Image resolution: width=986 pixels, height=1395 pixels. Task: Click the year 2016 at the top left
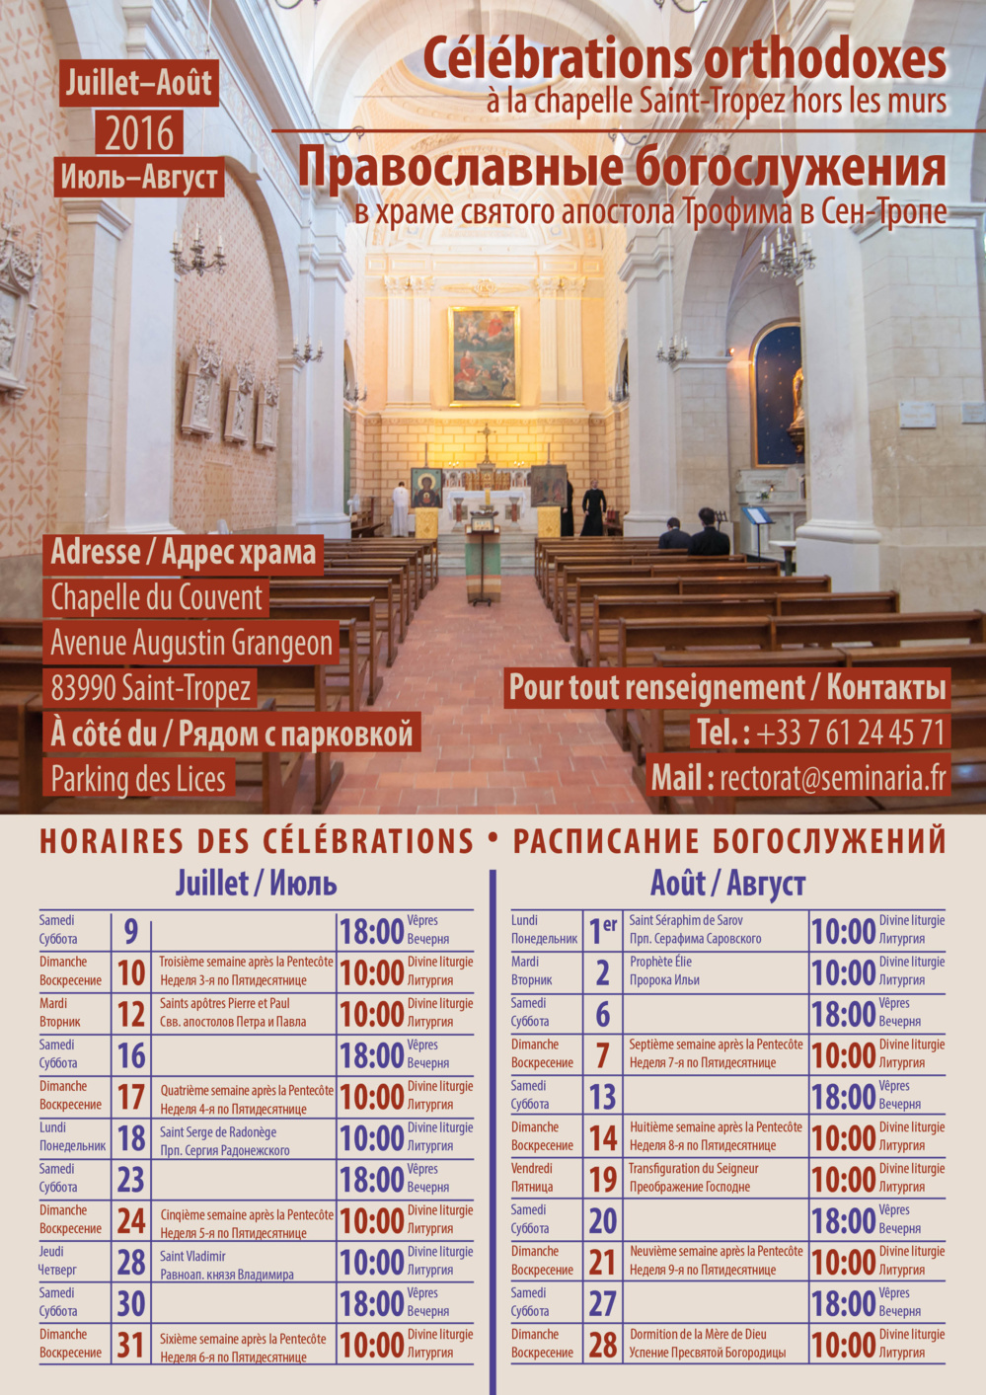point(138,133)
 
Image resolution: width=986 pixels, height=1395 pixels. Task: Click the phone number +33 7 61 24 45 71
point(851,733)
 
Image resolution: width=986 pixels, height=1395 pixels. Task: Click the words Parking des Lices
point(138,779)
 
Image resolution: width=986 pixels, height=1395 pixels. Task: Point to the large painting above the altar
point(484,355)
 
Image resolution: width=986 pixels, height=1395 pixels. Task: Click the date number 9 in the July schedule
point(130,931)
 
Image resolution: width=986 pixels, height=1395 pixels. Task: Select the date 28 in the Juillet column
point(131,1263)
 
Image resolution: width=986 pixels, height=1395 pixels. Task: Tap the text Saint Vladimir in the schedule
point(192,1257)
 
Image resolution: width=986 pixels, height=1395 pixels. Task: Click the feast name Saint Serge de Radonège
point(218,1132)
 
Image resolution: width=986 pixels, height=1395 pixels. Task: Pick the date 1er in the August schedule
point(601,931)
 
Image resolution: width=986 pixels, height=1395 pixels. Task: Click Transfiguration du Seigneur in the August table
point(694,1168)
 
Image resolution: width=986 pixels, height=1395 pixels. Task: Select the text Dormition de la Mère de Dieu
point(698,1334)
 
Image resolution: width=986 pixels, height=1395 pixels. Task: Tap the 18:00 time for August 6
point(843,1014)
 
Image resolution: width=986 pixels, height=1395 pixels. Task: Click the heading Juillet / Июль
point(256,883)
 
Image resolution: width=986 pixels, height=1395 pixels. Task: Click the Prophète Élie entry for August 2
point(660,961)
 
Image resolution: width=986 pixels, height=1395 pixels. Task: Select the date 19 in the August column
point(603,1180)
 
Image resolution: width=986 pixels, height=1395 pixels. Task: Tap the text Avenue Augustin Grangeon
point(191,643)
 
